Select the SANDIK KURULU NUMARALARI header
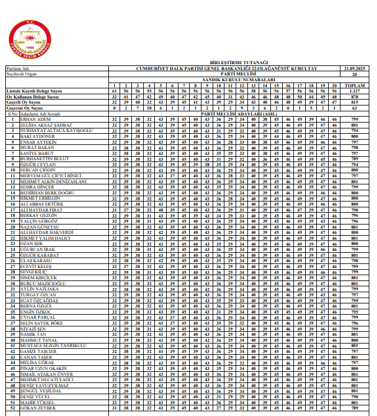click(238, 79)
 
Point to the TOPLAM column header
click(354, 85)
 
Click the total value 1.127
click(354, 91)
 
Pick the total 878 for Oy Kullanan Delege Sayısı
click(354, 97)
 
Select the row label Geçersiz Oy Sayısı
click(24, 108)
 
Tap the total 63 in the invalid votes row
click(354, 108)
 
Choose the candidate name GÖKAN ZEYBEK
click(38, 408)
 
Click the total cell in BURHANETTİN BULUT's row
click(354, 159)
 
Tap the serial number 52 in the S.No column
click(12, 408)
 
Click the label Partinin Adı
click(17, 69)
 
